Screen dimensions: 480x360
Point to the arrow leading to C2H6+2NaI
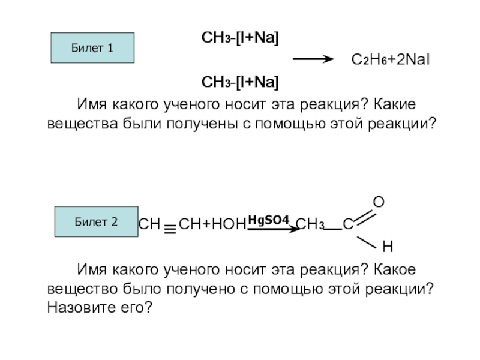coord(312,59)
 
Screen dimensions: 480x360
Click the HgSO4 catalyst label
coord(269,219)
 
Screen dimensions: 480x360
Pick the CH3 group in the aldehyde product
coord(310,226)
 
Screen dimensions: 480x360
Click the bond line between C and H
coord(367,241)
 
